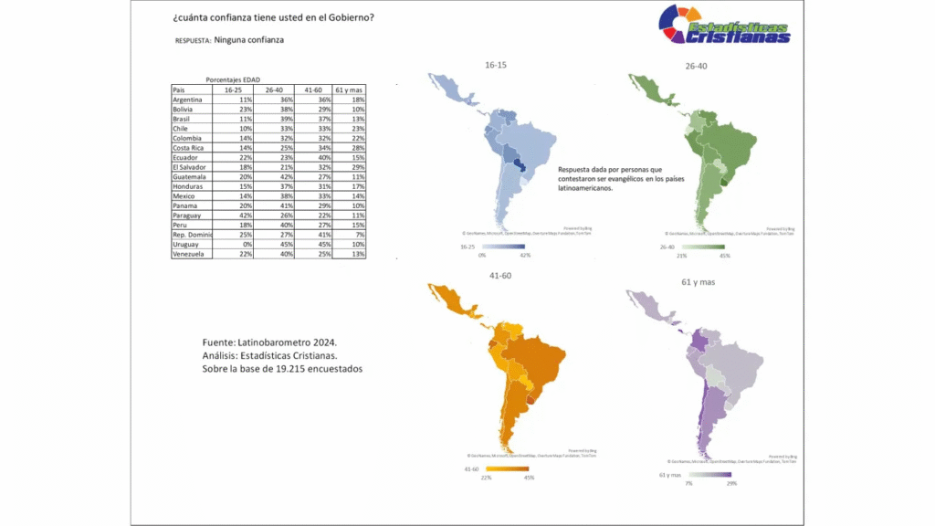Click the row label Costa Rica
(190, 148)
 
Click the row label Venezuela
(190, 254)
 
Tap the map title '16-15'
(496, 66)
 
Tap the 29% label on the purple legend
(731, 482)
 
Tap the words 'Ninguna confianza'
(249, 40)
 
